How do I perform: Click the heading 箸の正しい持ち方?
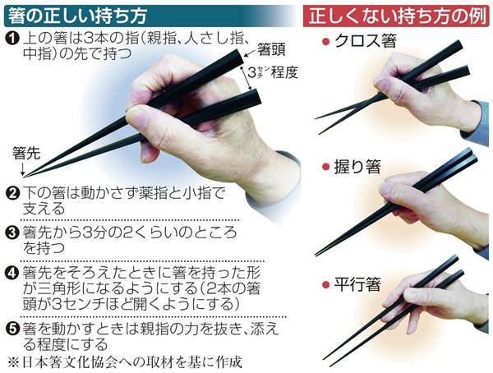pos(77,16)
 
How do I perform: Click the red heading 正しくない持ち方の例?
pos(399,16)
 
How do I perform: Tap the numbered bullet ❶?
pos(13,40)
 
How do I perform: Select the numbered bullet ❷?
pos(13,193)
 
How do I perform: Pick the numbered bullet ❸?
pos(13,233)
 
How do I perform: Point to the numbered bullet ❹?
pos(13,273)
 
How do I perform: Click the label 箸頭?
pos(271,49)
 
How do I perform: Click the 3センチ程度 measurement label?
pos(273,73)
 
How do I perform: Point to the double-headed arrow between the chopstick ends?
pos(246,78)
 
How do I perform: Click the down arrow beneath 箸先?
pos(22,168)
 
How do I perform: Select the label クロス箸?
pos(366,41)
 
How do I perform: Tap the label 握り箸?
pos(357,167)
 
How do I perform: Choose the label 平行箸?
pos(357,284)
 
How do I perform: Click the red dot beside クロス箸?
pos(325,42)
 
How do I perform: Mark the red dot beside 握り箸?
pos(325,167)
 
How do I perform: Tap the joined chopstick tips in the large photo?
pos(25,177)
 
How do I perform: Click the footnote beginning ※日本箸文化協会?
pos(125,362)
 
